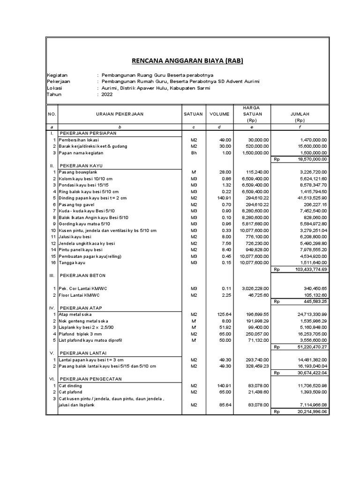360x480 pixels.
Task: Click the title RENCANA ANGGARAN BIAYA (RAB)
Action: [x=187, y=60]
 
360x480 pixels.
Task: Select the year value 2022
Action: [x=107, y=94]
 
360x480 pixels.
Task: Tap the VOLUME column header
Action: [x=219, y=114]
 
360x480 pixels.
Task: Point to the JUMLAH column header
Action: [x=300, y=114]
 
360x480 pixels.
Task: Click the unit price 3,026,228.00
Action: [x=255, y=288]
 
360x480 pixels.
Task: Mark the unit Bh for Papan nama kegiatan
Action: [x=194, y=153]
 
